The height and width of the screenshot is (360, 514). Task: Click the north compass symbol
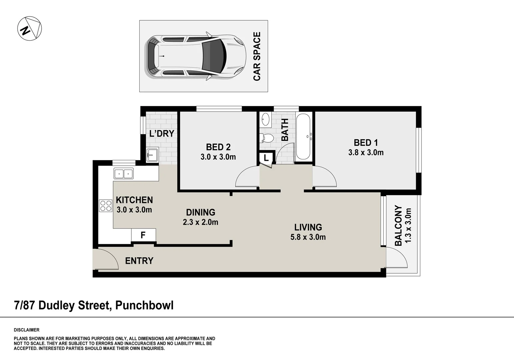point(29,28)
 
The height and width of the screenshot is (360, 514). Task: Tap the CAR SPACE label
point(257,56)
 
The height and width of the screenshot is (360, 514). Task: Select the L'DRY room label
point(162,134)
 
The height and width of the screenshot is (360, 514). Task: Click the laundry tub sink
point(152,155)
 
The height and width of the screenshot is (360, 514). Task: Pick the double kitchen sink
point(123,174)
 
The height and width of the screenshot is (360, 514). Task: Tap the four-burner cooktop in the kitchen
point(106,205)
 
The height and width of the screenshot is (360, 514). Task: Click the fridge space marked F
point(143,235)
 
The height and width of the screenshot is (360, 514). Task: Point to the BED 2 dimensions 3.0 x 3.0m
point(218,157)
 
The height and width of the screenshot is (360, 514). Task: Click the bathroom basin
point(266,119)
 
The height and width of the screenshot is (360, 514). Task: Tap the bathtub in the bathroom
point(303,137)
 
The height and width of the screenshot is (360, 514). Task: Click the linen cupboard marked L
point(266,158)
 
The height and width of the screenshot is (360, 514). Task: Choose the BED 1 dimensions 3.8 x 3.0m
point(366,153)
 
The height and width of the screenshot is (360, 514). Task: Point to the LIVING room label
point(308,227)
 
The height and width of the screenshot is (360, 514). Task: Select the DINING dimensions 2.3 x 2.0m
point(200,222)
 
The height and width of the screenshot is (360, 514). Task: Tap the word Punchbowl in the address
point(144,305)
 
